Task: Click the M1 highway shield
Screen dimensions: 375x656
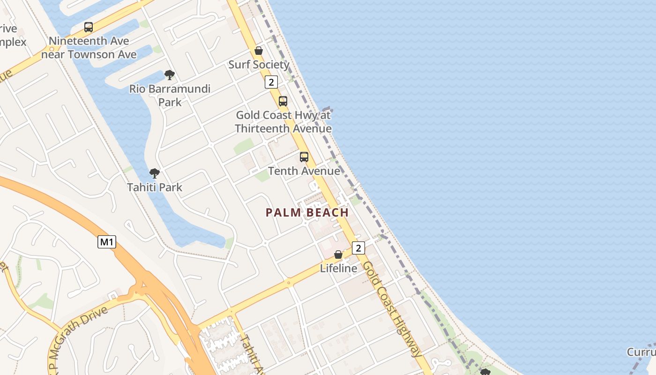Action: (x=107, y=242)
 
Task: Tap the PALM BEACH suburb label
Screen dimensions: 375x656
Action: (x=307, y=212)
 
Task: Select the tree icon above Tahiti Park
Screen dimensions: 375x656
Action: (x=155, y=173)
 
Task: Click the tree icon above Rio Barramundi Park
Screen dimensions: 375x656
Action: (x=170, y=75)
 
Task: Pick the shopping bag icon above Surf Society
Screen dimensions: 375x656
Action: (x=258, y=51)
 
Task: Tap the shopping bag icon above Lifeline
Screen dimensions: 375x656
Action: (x=338, y=255)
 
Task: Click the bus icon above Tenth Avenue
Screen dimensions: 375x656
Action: (x=304, y=157)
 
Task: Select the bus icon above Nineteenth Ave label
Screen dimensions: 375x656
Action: (x=89, y=27)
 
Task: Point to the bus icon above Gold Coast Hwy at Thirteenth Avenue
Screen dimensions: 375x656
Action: (x=283, y=101)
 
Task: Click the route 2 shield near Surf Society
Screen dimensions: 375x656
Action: (x=271, y=82)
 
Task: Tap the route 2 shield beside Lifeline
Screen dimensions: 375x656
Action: (x=358, y=247)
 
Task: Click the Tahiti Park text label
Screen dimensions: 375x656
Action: (x=155, y=187)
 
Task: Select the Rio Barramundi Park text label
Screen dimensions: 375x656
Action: (x=170, y=95)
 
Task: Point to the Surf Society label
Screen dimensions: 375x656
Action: (x=259, y=65)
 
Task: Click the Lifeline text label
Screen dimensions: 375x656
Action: (x=338, y=268)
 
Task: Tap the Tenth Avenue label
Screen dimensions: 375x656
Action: (x=304, y=171)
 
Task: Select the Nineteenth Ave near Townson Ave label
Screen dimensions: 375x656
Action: (x=89, y=47)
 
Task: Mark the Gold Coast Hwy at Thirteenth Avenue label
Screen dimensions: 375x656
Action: (x=283, y=121)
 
